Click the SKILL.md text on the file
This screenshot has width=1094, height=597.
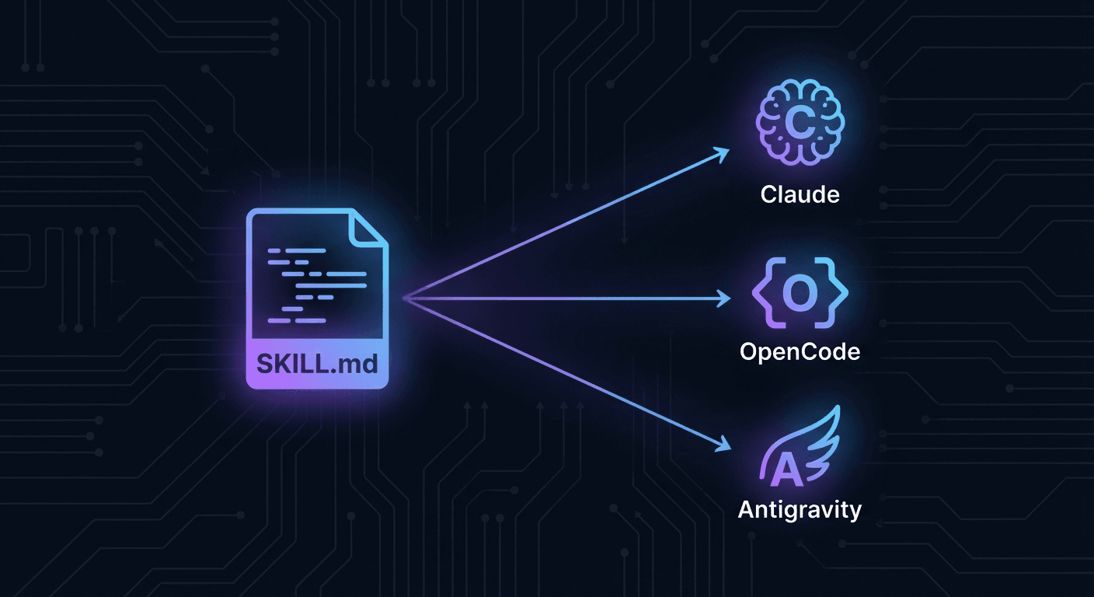pos(316,362)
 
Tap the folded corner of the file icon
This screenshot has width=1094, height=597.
pos(368,229)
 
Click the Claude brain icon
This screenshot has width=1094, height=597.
pos(800,124)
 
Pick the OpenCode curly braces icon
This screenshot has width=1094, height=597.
pos(800,293)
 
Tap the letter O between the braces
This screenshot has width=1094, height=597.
pos(800,293)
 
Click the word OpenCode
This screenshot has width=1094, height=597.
pos(800,351)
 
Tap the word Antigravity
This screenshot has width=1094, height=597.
pos(800,510)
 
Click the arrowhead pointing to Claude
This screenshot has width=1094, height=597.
pos(723,153)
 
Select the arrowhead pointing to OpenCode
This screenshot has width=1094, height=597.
pos(725,298)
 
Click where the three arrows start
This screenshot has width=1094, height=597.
pos(404,298)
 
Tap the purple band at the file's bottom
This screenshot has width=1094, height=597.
pos(316,362)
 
